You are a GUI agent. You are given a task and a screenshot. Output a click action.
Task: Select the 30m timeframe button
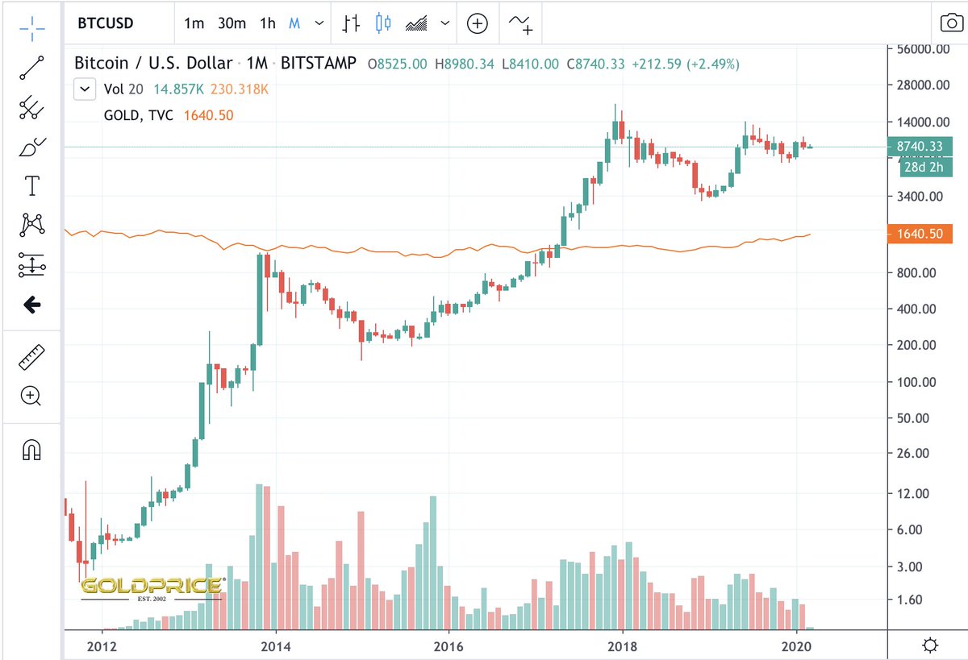[x=232, y=23]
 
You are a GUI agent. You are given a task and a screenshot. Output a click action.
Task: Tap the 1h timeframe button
[x=267, y=23]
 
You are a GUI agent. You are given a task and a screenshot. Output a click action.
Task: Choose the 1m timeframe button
[x=194, y=23]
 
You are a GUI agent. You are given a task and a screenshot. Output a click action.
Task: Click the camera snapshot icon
[x=948, y=23]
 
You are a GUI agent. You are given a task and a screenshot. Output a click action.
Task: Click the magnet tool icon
[x=31, y=450]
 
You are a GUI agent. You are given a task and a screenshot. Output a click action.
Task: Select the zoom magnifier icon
[x=31, y=396]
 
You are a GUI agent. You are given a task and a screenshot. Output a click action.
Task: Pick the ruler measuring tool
[x=31, y=356]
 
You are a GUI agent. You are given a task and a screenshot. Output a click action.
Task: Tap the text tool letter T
[x=31, y=187]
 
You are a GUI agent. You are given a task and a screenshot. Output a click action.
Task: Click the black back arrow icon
[x=31, y=305]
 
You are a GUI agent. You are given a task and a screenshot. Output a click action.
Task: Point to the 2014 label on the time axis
[x=276, y=645]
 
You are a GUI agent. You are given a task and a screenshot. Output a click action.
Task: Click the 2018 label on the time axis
[x=623, y=645]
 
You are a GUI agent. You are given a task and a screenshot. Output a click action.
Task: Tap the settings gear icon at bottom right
[x=930, y=645]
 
